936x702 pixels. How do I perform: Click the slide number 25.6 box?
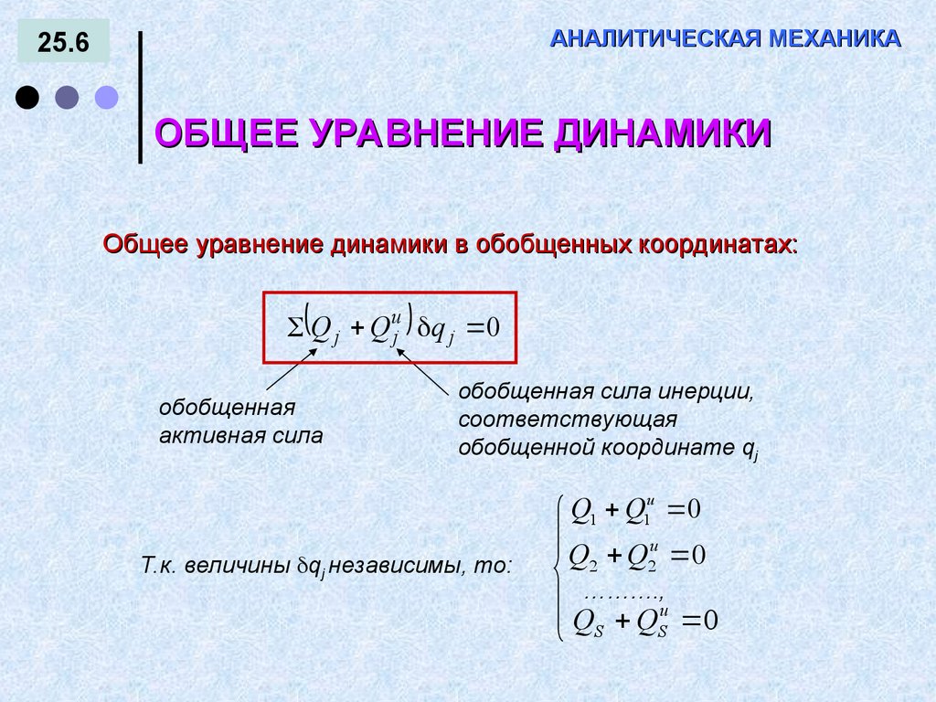tap(63, 43)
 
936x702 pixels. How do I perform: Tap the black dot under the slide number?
tap(28, 97)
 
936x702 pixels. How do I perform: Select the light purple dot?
tap(108, 97)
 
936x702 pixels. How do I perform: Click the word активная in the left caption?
tap(201, 435)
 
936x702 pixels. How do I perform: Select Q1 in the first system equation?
tap(582, 511)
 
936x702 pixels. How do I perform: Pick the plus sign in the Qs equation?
tap(622, 622)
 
